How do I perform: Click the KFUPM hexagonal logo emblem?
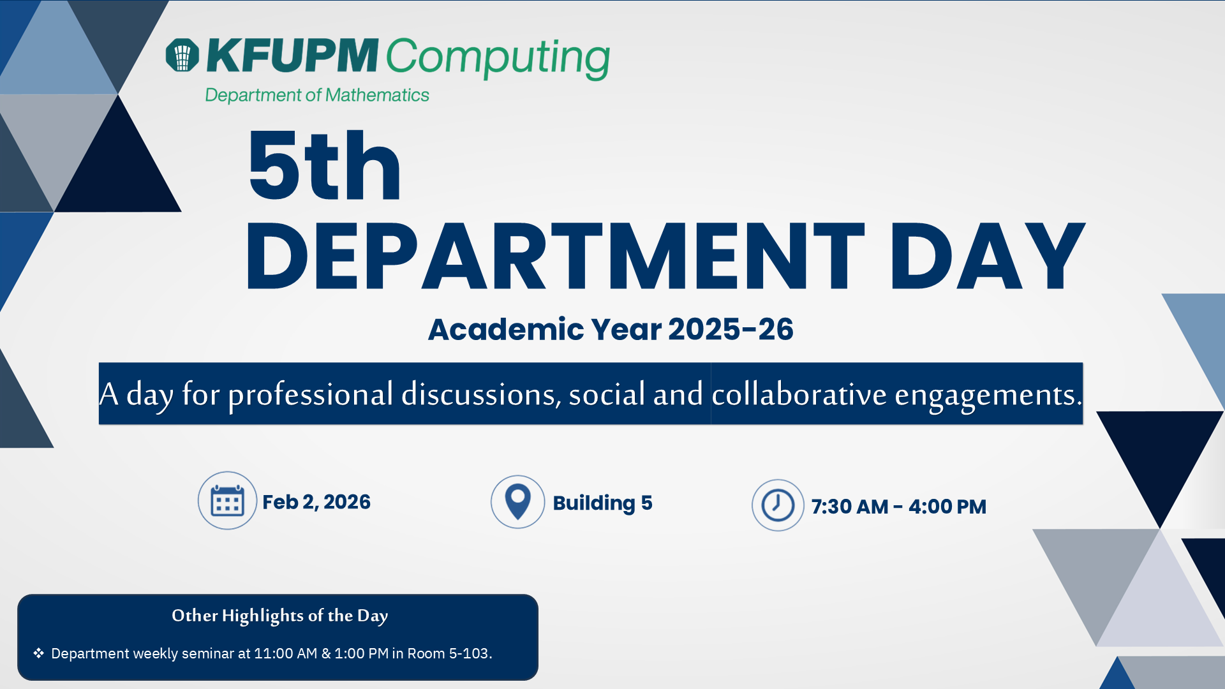pos(182,55)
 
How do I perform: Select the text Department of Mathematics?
pos(317,95)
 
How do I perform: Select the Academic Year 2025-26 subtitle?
pos(611,329)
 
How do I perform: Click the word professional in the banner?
pos(311,394)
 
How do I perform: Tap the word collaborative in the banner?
pos(799,394)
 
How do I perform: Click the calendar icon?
pos(227,501)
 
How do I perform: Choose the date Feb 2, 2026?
pos(316,502)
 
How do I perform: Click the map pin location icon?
pos(517,501)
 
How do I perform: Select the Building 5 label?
pos(602,503)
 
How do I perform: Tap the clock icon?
pos(778,505)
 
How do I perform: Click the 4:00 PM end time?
pos(947,507)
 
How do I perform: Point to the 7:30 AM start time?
pos(850,507)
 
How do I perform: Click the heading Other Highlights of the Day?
pos(279,616)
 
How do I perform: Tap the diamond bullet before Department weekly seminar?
pos(39,653)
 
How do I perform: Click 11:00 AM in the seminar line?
pos(285,653)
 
